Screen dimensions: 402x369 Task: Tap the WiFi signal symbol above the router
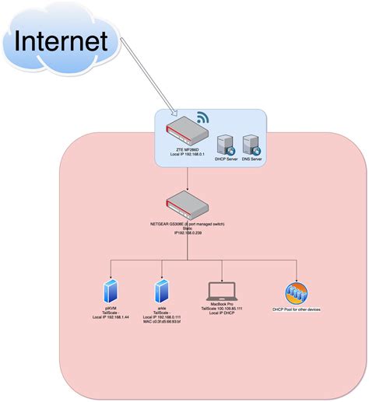203,119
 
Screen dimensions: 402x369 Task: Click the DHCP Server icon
225,144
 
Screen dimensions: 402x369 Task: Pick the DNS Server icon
251,144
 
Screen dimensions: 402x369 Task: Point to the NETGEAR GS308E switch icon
188,206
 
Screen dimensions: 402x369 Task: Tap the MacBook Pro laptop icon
223,292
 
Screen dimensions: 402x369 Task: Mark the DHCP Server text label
225,160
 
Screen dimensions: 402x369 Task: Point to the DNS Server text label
251,160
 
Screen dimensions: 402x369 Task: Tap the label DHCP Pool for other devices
296,309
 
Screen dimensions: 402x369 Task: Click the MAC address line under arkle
162,322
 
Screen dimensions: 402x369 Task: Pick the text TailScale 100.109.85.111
223,309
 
